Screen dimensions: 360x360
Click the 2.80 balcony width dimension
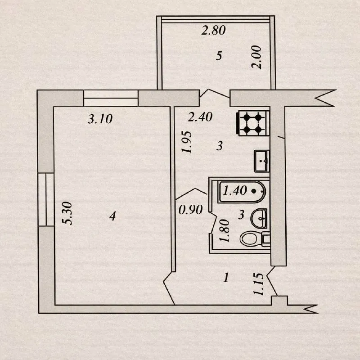tap(213, 30)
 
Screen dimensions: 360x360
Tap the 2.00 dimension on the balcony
tap(256, 57)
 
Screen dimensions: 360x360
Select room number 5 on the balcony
tap(219, 55)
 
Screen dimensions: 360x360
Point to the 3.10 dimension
tap(100, 119)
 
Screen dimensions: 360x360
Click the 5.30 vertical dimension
tap(68, 213)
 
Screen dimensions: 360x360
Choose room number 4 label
tap(112, 216)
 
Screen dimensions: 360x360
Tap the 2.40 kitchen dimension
tap(200, 117)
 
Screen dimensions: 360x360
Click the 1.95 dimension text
tap(186, 142)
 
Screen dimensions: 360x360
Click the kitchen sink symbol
tap(262, 161)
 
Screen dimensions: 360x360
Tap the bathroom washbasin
tap(259, 218)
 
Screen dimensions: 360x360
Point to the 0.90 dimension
tap(190, 210)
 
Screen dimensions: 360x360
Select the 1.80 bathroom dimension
tap(224, 230)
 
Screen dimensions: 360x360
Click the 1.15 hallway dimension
tap(258, 284)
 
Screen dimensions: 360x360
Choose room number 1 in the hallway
tap(226, 278)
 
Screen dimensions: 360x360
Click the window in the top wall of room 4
tap(111, 98)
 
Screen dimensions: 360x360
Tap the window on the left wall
tap(46, 199)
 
